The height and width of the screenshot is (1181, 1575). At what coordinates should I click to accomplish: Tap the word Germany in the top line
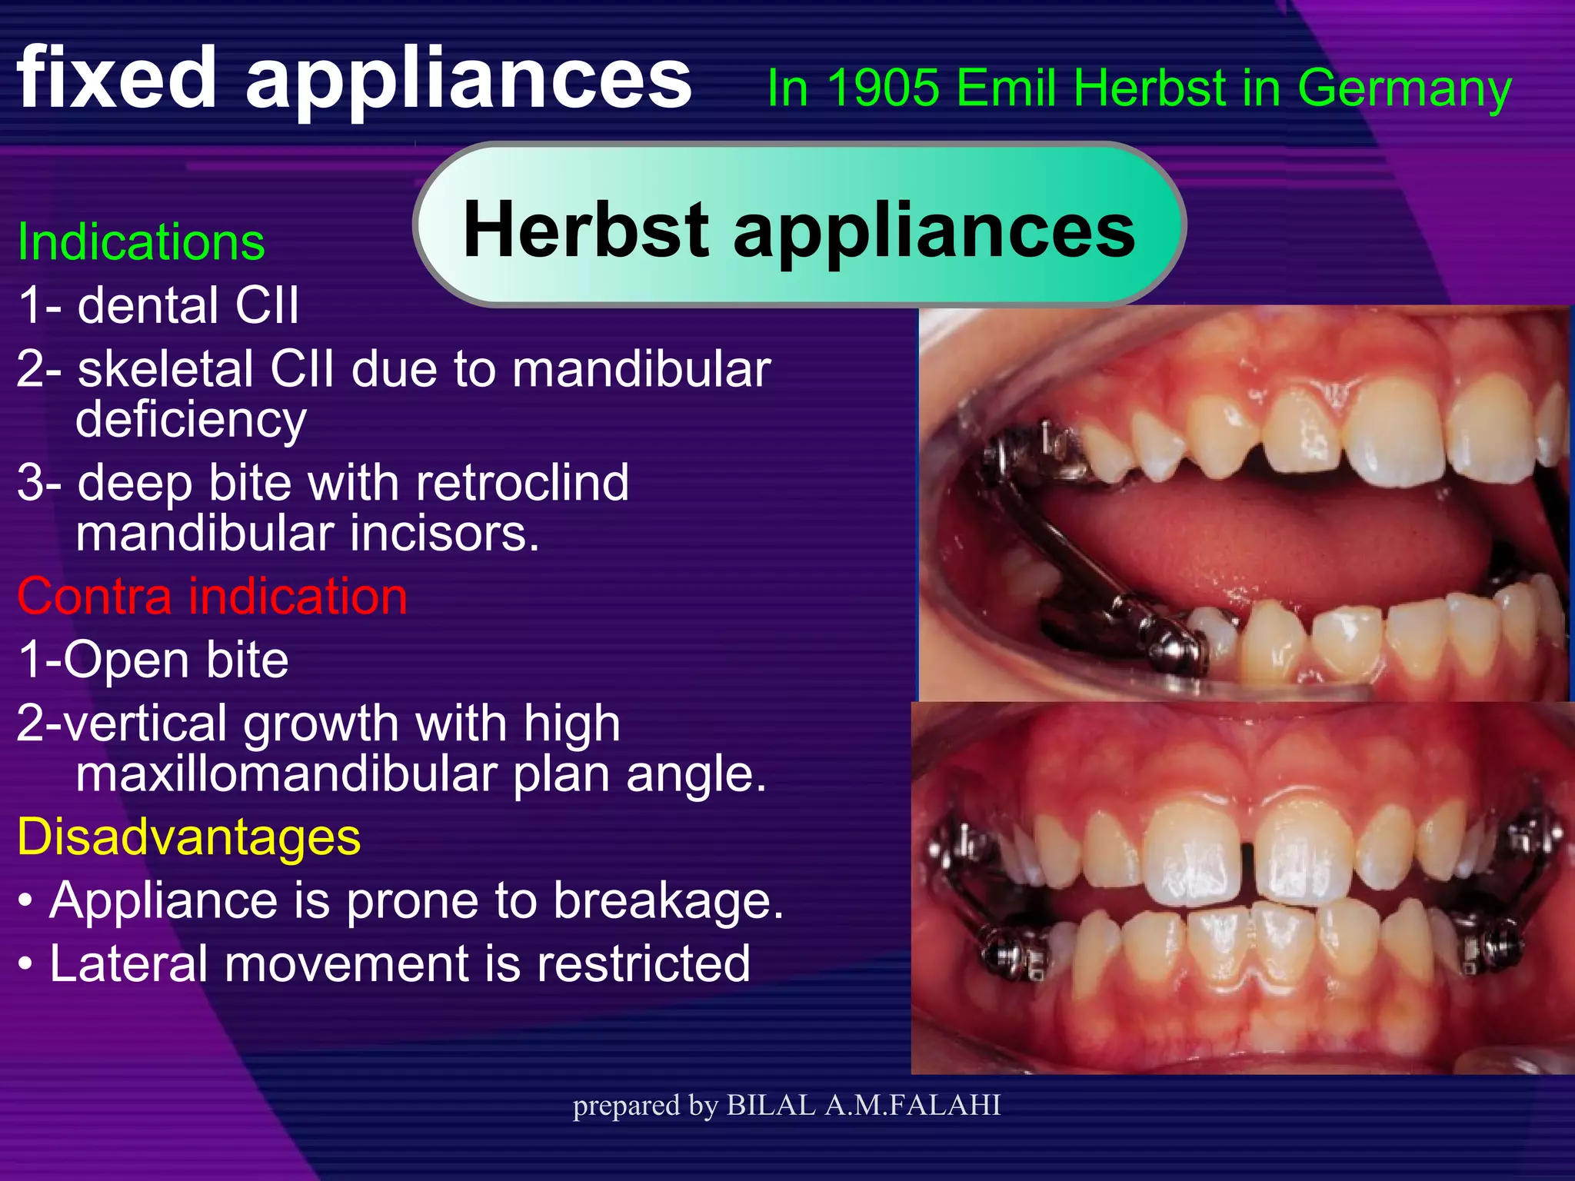point(1404,89)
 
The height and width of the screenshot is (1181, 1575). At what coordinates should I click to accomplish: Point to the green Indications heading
point(141,241)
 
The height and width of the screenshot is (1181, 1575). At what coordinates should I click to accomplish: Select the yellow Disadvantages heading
point(189,837)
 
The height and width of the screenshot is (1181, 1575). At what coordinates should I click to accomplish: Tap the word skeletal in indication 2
point(167,369)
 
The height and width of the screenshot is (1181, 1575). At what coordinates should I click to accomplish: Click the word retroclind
point(522,483)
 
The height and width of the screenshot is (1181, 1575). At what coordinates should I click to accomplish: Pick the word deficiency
point(191,420)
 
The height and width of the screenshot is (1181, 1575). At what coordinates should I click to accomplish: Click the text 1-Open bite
point(153,660)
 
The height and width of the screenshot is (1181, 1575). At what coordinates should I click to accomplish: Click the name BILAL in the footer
point(771,1105)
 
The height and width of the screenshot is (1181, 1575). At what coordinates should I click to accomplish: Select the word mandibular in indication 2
point(641,369)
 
